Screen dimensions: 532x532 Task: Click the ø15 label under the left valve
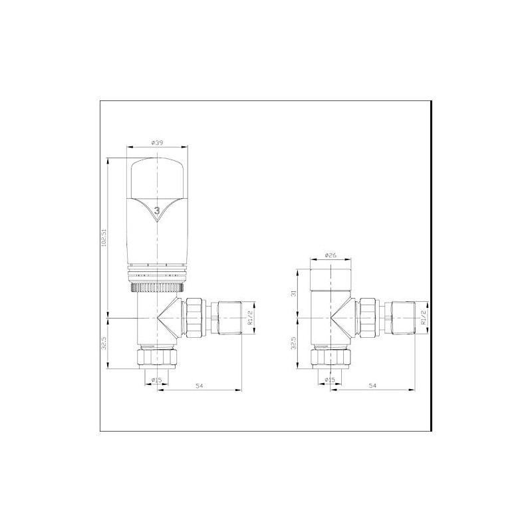tap(157, 380)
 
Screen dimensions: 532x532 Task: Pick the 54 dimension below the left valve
tap(199, 386)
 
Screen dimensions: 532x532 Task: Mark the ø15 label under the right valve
tap(330, 380)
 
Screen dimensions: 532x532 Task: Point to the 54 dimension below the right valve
tap(372, 386)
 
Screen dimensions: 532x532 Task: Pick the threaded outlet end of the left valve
tap(230, 319)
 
